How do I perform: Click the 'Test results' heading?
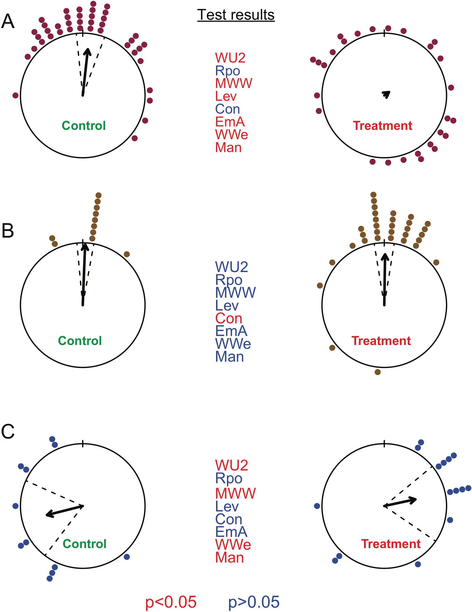pyautogui.click(x=236, y=15)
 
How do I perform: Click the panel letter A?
pyautogui.click(x=8, y=22)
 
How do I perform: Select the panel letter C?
pyautogui.click(x=8, y=432)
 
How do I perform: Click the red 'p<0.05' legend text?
pyautogui.click(x=171, y=602)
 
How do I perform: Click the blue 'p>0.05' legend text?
pyautogui.click(x=253, y=602)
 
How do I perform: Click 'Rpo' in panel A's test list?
pyautogui.click(x=227, y=71)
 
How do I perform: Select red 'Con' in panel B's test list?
pyautogui.click(x=229, y=318)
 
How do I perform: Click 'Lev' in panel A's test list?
pyautogui.click(x=226, y=96)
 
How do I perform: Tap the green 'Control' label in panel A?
pyautogui.click(x=84, y=126)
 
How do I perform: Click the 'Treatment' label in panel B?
pyautogui.click(x=381, y=341)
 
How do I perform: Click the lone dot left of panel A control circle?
pyautogui.click(x=15, y=95)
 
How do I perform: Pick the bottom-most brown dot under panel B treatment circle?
pyautogui.click(x=378, y=372)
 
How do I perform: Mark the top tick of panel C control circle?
pyautogui.click(x=82, y=444)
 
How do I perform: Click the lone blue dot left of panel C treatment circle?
pyautogui.click(x=317, y=506)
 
